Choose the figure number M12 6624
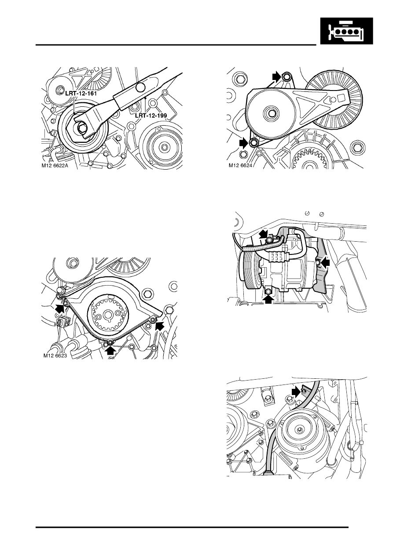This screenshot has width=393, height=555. pyautogui.click(x=243, y=166)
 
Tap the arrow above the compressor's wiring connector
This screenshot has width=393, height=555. pyautogui.click(x=263, y=233)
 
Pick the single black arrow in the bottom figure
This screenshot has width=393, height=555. pyautogui.click(x=297, y=390)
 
